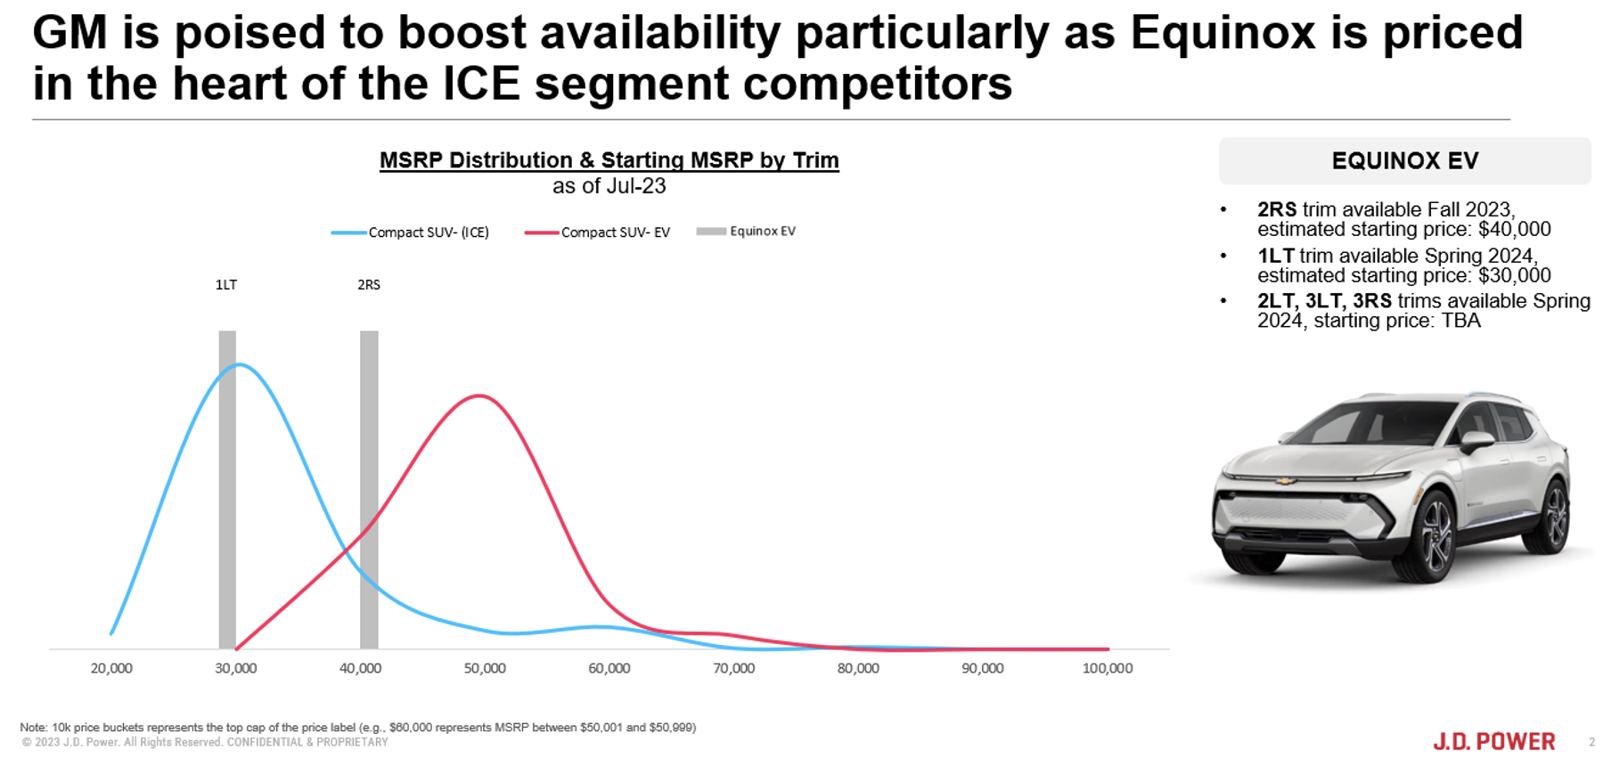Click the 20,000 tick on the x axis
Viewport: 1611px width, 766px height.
pyautogui.click(x=111, y=668)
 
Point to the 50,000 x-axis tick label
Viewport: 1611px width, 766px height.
pyautogui.click(x=485, y=668)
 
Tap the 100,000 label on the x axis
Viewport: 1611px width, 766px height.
pyautogui.click(x=1108, y=668)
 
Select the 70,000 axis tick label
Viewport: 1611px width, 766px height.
pyautogui.click(x=733, y=668)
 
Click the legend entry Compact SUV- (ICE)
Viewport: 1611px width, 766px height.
pyautogui.click(x=410, y=232)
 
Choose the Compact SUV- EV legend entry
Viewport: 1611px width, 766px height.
pyautogui.click(x=597, y=232)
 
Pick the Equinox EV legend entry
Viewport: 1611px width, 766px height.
pyautogui.click(x=747, y=232)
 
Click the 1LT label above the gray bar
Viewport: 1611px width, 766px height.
pyautogui.click(x=226, y=285)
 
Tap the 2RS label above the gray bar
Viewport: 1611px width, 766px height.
pyautogui.click(x=369, y=285)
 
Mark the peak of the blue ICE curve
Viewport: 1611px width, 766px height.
pyautogui.click(x=239, y=364)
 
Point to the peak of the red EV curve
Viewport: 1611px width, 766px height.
pyautogui.click(x=479, y=395)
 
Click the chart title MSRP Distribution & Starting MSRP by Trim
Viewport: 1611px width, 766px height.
pyautogui.click(x=609, y=160)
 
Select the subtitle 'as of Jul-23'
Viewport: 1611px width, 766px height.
pyautogui.click(x=609, y=186)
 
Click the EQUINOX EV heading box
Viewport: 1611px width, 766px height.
pyautogui.click(x=1405, y=161)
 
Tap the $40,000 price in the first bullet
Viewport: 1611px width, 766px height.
pyautogui.click(x=1515, y=230)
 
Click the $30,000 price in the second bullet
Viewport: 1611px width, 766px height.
pyautogui.click(x=1515, y=276)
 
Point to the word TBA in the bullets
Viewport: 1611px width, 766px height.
pyautogui.click(x=1460, y=322)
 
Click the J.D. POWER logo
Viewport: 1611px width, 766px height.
pyautogui.click(x=1494, y=741)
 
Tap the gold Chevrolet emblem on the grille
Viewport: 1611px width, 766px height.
pyautogui.click(x=1284, y=481)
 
